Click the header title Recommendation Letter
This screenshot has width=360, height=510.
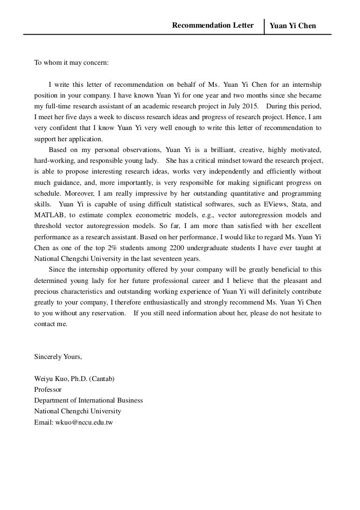coord(213,25)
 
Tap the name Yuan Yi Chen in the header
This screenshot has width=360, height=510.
coord(292,26)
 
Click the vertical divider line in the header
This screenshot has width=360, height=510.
coord(264,27)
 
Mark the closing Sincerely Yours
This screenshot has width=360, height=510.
coord(58,357)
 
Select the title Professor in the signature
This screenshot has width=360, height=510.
coord(48,389)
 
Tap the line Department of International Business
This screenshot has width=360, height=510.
coord(89,400)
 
